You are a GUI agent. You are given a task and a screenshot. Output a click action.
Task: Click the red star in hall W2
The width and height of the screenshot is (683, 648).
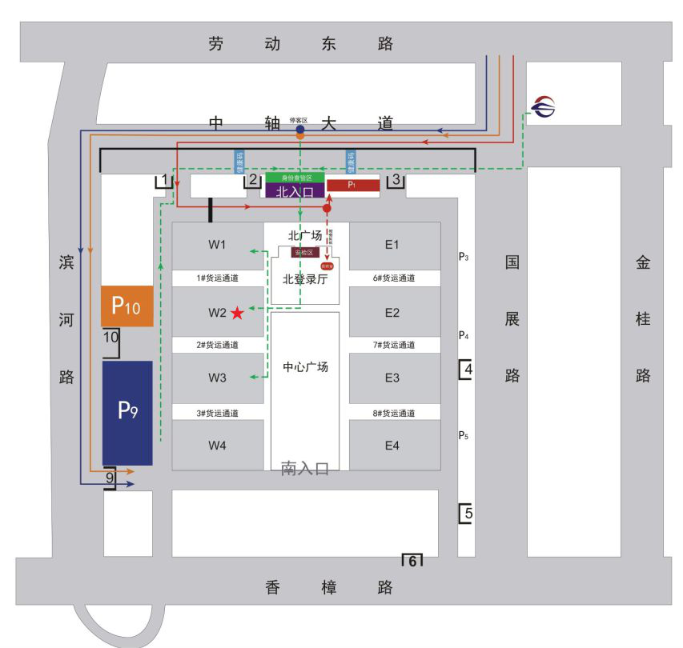238,313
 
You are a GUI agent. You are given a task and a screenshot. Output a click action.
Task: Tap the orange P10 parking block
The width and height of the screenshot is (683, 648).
127,305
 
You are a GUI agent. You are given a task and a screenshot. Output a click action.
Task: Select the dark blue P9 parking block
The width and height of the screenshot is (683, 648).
127,412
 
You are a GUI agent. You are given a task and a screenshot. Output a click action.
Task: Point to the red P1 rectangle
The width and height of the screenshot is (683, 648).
352,185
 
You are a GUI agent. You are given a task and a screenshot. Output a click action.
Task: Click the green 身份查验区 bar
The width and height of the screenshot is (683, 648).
295,177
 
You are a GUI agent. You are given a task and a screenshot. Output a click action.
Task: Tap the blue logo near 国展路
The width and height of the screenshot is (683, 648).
544,106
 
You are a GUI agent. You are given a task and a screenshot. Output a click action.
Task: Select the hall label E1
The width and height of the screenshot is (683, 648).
392,245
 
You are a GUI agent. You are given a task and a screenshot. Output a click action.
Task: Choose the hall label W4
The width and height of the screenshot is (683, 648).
218,445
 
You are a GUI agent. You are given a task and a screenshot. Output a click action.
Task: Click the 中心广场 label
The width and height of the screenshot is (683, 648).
305,367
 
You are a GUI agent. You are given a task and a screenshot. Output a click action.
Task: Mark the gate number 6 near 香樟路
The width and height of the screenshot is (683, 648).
412,561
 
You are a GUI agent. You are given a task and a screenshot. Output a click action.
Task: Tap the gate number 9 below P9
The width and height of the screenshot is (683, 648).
110,478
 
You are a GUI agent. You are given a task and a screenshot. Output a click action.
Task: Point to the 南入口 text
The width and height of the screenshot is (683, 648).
305,469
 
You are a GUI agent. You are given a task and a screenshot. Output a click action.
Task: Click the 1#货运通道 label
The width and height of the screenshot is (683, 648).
218,278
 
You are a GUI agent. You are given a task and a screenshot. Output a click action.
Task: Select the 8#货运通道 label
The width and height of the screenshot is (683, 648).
393,414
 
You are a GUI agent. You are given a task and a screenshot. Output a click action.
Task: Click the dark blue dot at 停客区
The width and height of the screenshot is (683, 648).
299,129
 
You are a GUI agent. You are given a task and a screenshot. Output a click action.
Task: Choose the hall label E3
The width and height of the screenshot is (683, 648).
392,378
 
